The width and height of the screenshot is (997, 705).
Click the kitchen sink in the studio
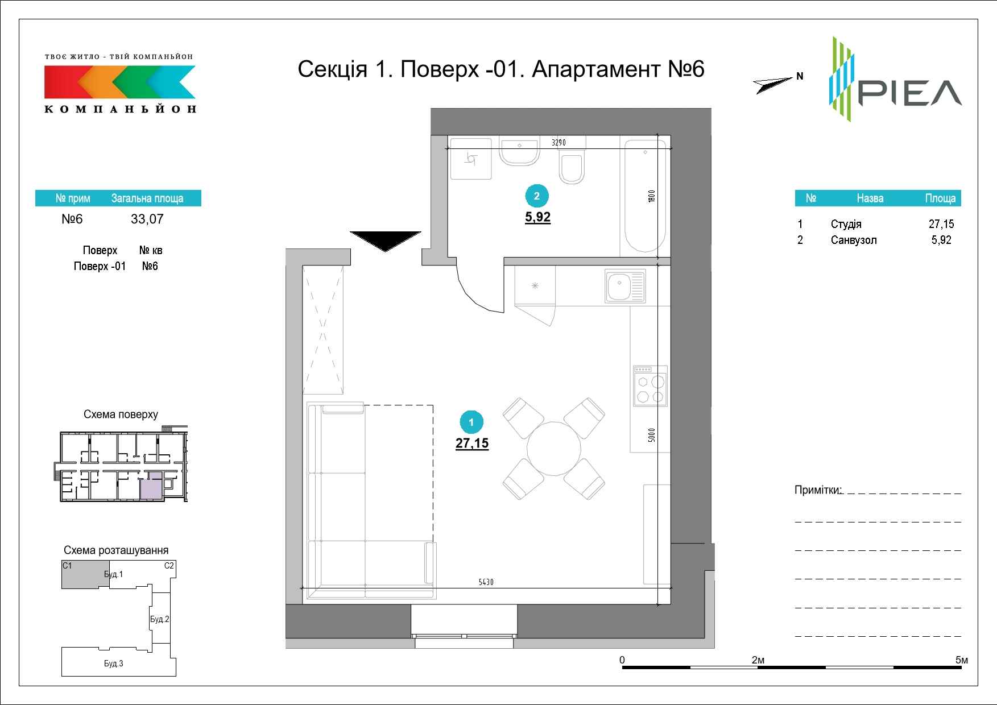(x=626, y=286)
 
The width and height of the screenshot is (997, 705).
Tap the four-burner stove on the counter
(x=650, y=386)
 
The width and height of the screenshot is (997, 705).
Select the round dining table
(x=553, y=449)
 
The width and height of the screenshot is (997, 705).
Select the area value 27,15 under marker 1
(x=472, y=443)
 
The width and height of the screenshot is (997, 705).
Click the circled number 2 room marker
(x=537, y=196)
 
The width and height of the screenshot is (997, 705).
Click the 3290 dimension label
(x=558, y=143)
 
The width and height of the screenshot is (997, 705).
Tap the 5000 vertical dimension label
(x=652, y=435)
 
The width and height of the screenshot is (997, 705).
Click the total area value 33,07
(x=147, y=219)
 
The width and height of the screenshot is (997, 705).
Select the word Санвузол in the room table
(x=854, y=240)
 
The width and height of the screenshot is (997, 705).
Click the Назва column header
(x=870, y=198)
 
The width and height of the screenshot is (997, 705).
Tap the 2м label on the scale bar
(x=758, y=660)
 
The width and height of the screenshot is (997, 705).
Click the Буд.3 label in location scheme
(x=114, y=663)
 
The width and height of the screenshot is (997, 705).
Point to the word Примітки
(x=817, y=490)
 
